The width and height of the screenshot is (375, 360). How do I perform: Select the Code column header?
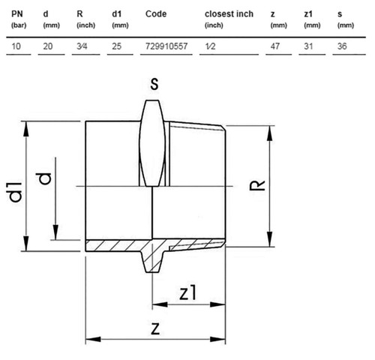[x=156, y=14]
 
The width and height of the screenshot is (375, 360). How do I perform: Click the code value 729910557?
[x=166, y=46]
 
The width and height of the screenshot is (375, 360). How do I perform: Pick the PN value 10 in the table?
[x=16, y=46]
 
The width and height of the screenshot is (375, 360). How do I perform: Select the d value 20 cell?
[x=48, y=46]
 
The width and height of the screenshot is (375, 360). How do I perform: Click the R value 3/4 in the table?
[x=82, y=46]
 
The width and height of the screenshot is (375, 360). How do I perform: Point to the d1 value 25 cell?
[x=117, y=46]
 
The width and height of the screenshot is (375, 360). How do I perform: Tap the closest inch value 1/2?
[x=210, y=46]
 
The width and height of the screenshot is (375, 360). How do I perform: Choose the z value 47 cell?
[x=275, y=46]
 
